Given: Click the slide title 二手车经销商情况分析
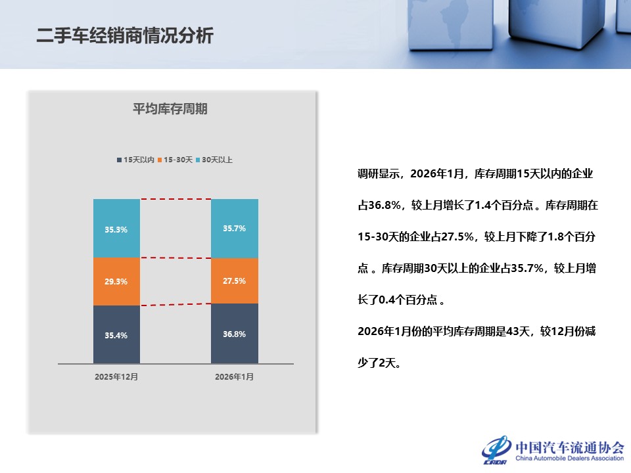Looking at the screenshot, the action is [x=125, y=35].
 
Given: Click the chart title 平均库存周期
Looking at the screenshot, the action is [x=170, y=109].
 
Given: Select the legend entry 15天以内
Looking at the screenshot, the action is [x=135, y=160].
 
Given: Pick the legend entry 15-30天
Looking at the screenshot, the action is [x=175, y=160].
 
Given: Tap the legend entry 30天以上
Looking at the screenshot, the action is [x=214, y=160].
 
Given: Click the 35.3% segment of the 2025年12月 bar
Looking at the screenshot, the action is [x=117, y=228].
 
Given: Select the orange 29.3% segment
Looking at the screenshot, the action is [x=117, y=282].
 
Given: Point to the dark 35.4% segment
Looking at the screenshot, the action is [x=117, y=334].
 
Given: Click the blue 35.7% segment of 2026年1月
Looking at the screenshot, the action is [x=235, y=229].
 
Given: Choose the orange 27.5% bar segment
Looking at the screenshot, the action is [x=235, y=281].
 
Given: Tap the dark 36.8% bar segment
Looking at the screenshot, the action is [x=235, y=334].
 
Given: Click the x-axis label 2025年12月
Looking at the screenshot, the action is [x=116, y=377].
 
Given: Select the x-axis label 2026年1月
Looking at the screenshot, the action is [x=234, y=377].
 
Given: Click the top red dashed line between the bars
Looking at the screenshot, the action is [x=175, y=198].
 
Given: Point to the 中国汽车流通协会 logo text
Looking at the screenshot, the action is [x=570, y=447].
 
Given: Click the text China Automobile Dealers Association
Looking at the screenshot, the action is [x=569, y=458].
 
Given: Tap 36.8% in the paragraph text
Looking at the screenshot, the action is [x=385, y=205].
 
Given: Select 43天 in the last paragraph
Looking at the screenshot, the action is [x=519, y=331].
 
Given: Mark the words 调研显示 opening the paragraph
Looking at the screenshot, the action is [x=379, y=173].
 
